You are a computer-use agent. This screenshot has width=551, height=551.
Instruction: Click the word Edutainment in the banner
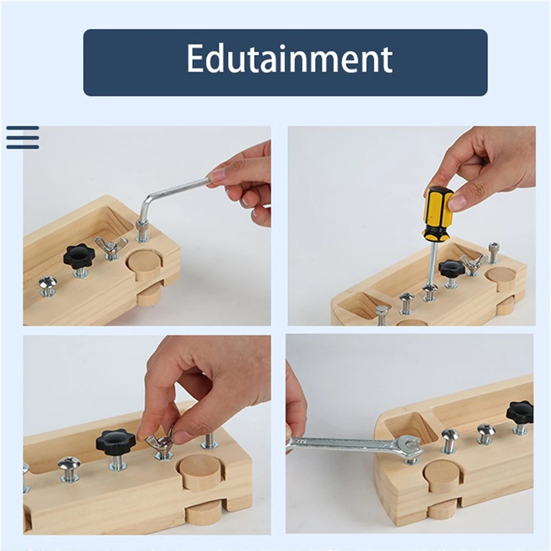pos(289,59)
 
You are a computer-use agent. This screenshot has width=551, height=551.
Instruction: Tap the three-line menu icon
pos(23,137)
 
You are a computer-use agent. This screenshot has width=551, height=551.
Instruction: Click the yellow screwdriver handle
pos(438,212)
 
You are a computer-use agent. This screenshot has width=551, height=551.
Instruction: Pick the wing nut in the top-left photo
pos(111,246)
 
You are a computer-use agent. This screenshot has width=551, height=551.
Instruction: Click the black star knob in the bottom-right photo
pos(520,413)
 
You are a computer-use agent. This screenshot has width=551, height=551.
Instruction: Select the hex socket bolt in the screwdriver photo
pos(493,252)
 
